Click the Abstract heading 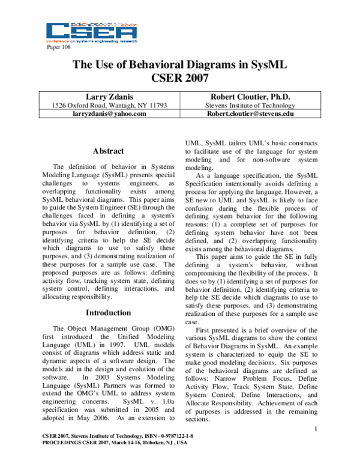pos(109,151)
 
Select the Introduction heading pos(108,313)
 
